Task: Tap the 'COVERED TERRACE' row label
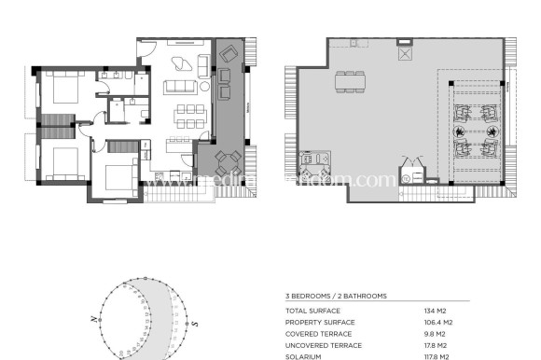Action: pyautogui.click(x=318, y=333)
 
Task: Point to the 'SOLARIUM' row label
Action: pyautogui.click(x=305, y=355)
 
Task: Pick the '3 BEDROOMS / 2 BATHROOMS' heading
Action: pyautogui.click(x=336, y=296)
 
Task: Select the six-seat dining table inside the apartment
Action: pyautogui.click(x=189, y=115)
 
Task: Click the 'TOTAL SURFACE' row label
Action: pyautogui.click(x=313, y=311)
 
